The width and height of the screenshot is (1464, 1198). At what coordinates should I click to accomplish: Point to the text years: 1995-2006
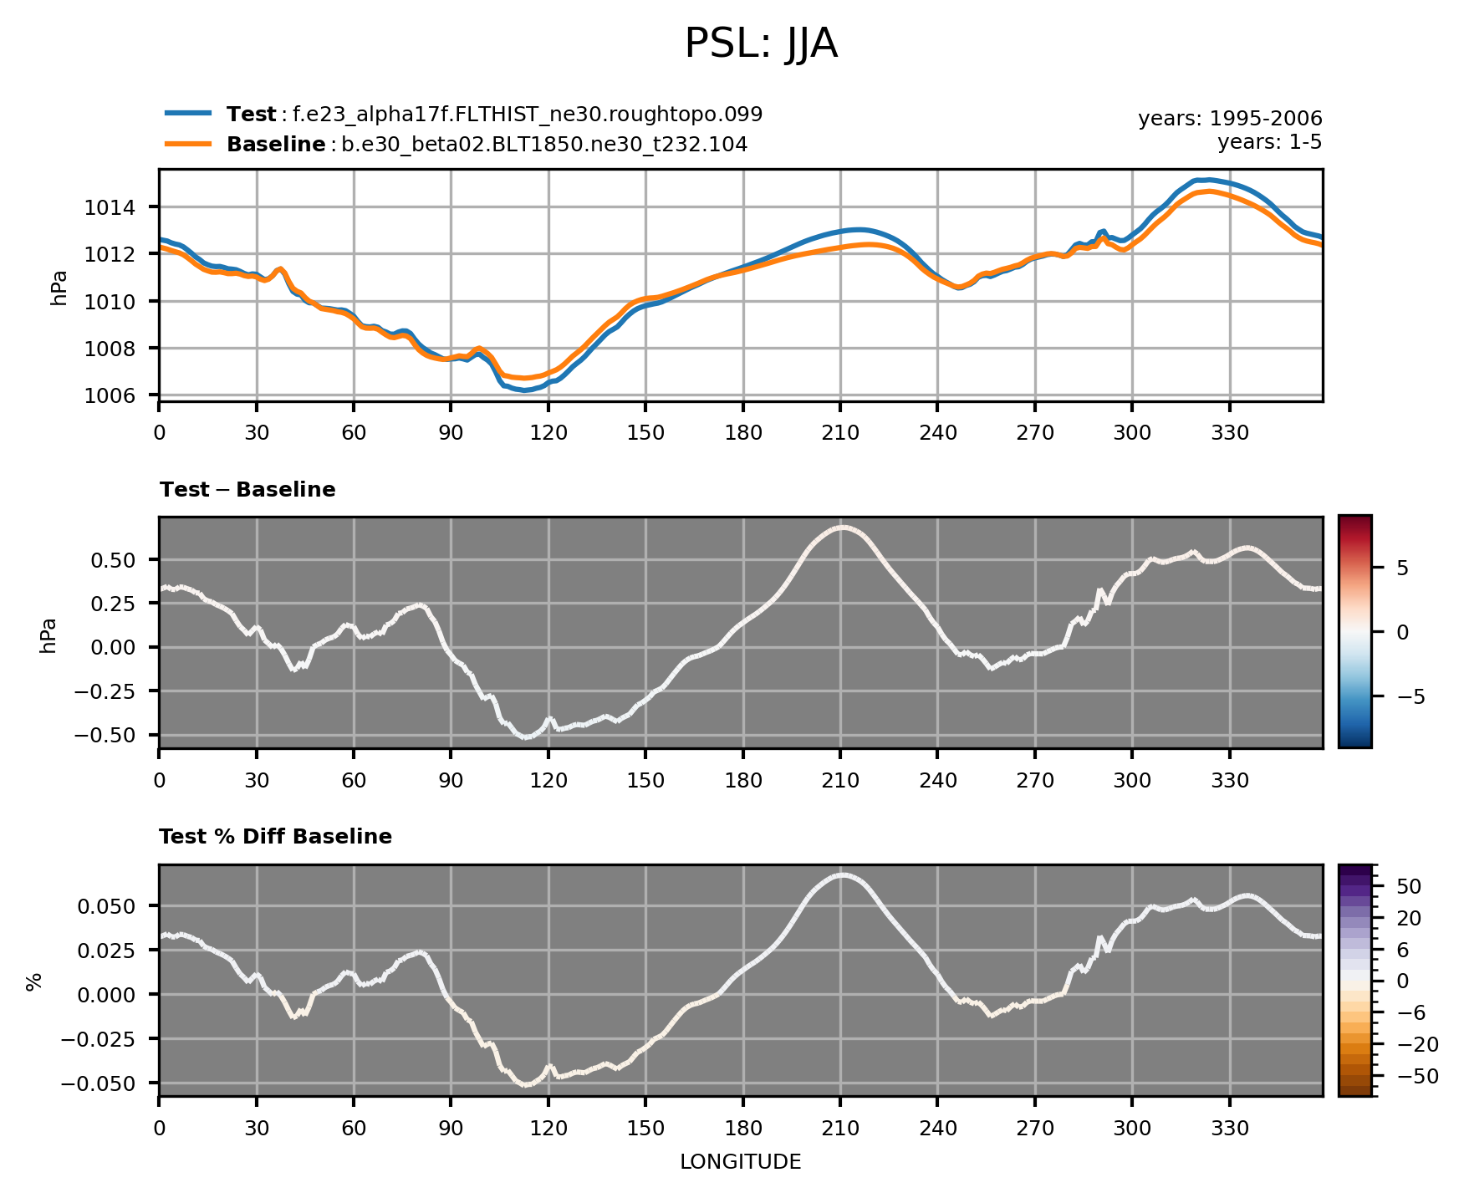point(1229,120)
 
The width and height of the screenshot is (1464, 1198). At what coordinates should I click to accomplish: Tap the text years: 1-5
point(1268,142)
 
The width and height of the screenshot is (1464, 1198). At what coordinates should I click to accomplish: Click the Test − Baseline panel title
point(247,490)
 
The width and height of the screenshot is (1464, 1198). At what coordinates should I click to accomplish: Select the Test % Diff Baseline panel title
point(275,837)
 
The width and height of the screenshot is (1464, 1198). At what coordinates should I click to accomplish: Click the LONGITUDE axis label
point(740,1162)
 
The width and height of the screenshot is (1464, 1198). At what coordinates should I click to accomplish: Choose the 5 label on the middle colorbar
point(1402,568)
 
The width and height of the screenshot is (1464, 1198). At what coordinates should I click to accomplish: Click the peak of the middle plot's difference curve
point(843,528)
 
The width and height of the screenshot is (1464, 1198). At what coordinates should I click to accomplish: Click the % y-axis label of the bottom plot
point(34,982)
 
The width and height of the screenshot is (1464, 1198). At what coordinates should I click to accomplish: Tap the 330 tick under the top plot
point(1229,433)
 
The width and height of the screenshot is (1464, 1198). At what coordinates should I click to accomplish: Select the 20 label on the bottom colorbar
point(1409,919)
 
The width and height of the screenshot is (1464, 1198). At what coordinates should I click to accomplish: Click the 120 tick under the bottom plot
point(548,1129)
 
